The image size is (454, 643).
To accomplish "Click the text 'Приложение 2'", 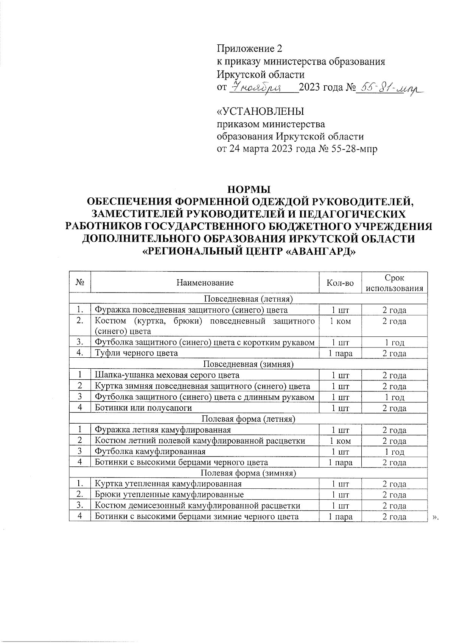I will point(249,49).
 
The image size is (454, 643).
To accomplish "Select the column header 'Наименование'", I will point(205,283).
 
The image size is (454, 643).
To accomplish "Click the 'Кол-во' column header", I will point(340,283).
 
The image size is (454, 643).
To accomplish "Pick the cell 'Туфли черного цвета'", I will point(136,353).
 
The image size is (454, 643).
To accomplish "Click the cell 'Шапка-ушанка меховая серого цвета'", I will point(167,375).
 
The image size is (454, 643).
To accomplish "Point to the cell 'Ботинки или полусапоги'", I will point(143,408).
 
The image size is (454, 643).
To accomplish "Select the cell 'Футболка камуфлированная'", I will point(150,451).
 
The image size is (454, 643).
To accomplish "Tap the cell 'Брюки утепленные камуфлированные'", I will point(169,494).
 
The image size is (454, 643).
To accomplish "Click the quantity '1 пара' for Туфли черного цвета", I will point(340,354).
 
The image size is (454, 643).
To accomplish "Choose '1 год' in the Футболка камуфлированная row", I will point(395,452).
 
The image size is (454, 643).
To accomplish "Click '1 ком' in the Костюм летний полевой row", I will point(340,441).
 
